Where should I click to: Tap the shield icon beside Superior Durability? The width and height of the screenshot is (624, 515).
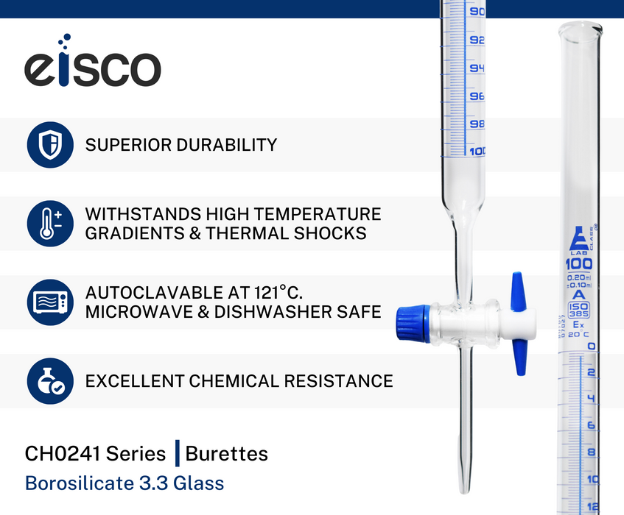click(x=50, y=145)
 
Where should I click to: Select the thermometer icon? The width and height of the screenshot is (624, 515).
click(x=50, y=224)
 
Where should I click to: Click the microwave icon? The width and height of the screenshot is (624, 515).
click(x=50, y=302)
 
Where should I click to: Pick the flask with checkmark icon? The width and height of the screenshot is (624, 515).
click(x=50, y=381)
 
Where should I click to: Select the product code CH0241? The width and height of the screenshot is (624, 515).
click(x=61, y=453)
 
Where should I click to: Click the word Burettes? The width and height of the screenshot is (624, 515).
click(x=227, y=453)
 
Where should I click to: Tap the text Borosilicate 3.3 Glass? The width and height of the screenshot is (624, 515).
click(x=125, y=483)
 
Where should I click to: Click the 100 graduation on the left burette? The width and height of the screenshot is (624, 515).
click(x=477, y=152)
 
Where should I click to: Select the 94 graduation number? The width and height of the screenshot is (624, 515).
click(x=477, y=68)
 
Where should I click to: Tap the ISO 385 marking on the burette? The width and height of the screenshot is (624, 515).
click(x=579, y=310)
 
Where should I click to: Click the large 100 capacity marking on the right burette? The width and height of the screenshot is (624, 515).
click(x=579, y=264)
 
